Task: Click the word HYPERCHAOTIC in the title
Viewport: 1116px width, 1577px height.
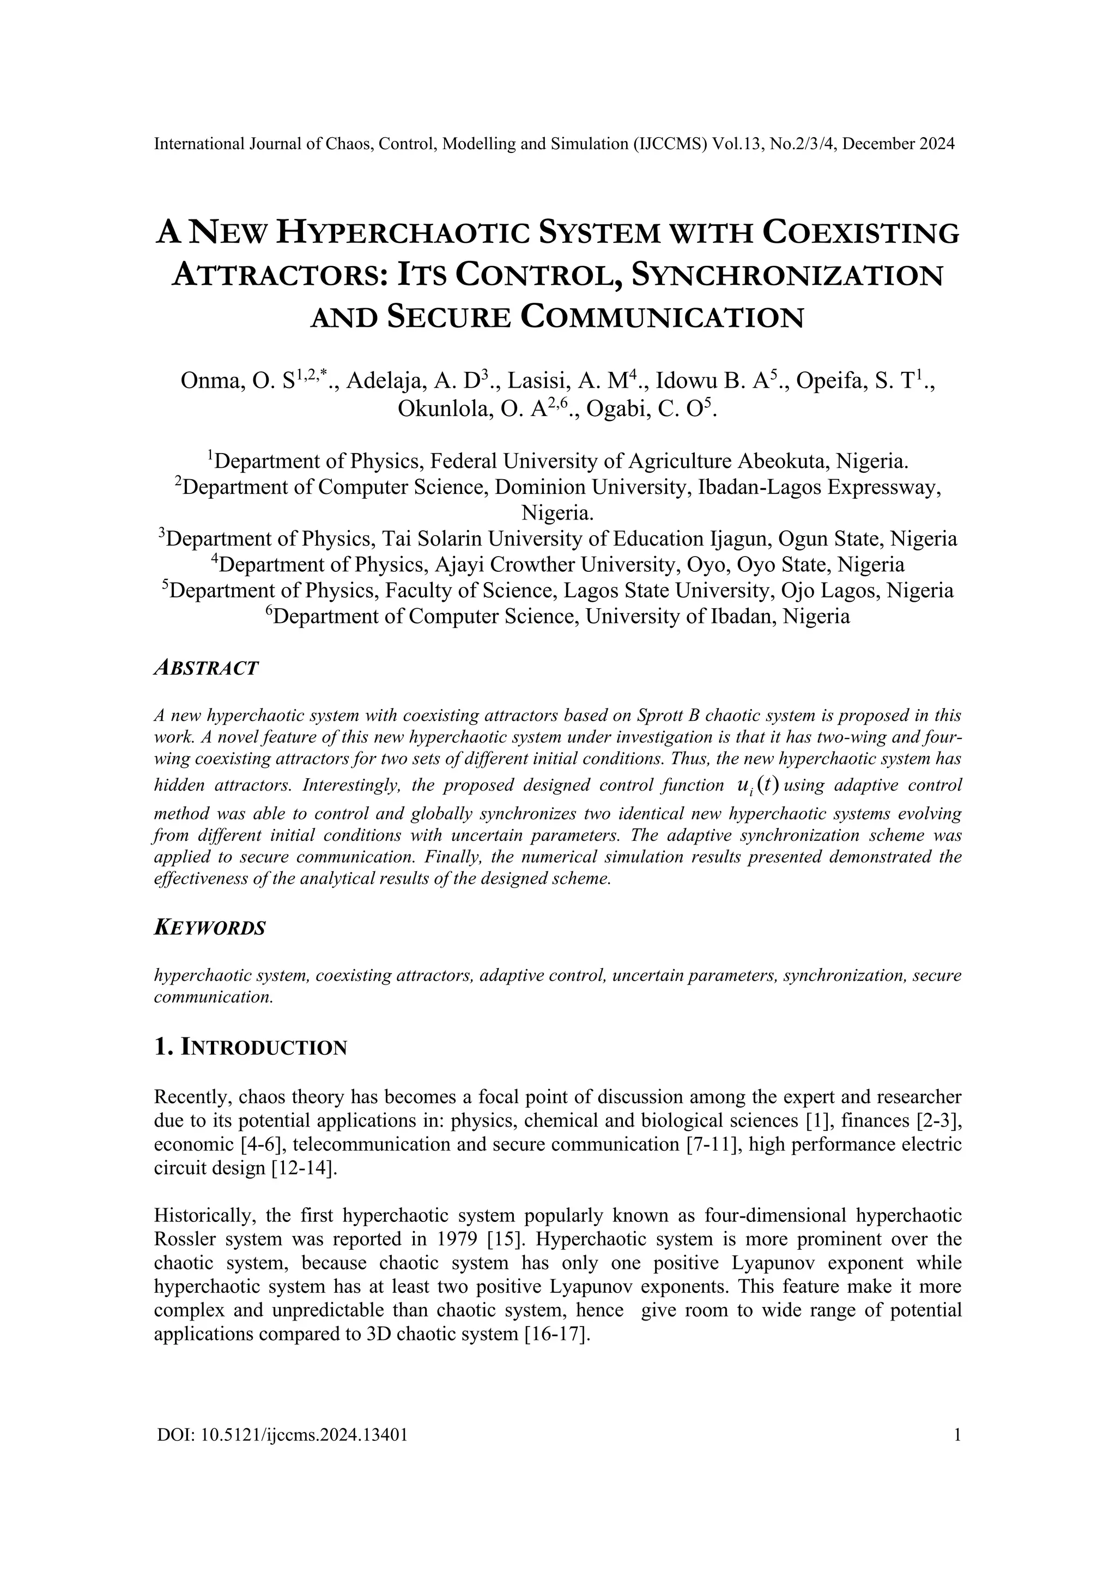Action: (x=401, y=234)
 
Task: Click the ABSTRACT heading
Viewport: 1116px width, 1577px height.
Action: (x=205, y=668)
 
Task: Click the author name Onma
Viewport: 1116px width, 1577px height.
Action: (x=210, y=380)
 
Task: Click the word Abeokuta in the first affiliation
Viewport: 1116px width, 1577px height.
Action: (x=785, y=461)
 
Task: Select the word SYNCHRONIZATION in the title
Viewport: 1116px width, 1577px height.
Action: (x=786, y=276)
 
